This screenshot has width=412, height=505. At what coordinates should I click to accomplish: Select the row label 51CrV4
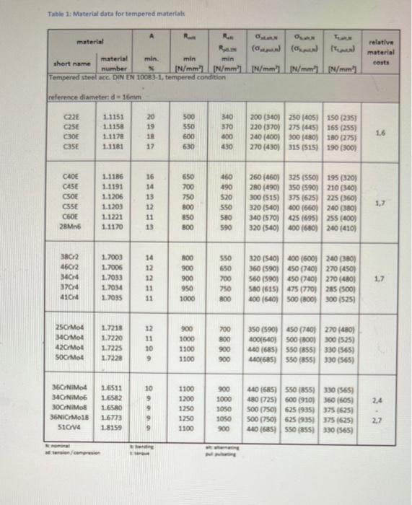tap(70, 427)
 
